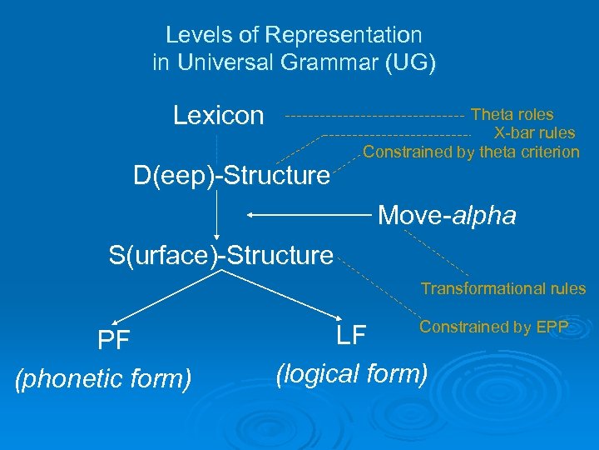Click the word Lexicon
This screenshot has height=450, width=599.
coord(218,116)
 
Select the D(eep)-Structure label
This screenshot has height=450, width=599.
coord(232,176)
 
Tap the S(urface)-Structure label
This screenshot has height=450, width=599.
coord(221,255)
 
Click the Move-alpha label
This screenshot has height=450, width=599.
coord(447,216)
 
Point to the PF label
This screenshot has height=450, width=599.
coord(113,342)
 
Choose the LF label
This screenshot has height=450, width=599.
coord(352,336)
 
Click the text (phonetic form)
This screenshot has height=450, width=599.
coord(103,379)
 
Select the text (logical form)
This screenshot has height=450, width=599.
coord(352,373)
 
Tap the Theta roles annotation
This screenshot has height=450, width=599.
coord(512,115)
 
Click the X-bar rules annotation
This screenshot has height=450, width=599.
coord(534,133)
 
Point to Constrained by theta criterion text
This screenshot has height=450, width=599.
coord(471,152)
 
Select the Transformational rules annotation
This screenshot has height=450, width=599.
coord(502,289)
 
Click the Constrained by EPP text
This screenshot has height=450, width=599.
coord(493,327)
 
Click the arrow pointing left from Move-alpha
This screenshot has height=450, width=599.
coord(308,216)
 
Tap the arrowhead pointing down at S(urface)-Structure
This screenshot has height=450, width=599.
coord(217,235)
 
